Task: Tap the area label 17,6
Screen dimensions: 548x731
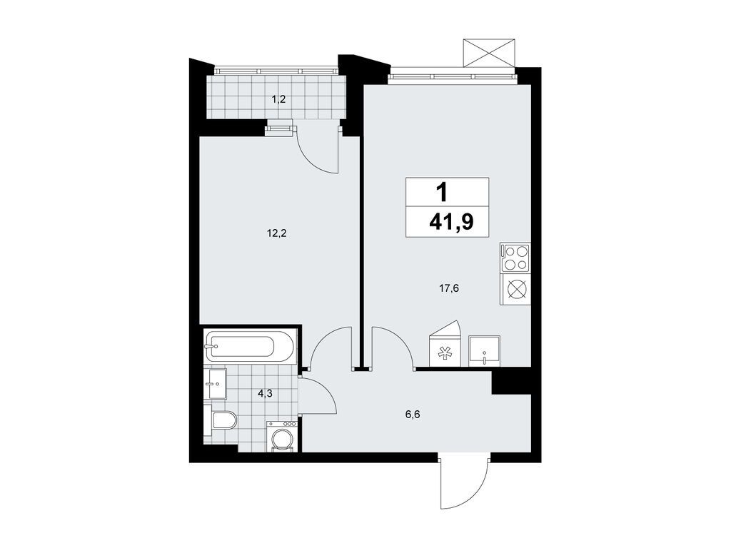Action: point(448,288)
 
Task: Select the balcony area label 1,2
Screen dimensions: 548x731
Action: point(278,99)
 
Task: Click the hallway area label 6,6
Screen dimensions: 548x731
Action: point(413,412)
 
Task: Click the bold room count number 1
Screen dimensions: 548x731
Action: point(443,191)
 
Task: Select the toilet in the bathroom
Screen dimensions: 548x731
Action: point(221,420)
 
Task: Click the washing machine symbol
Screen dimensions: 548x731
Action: point(283,437)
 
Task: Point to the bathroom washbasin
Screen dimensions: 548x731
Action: point(214,385)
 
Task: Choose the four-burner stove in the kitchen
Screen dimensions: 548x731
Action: point(515,258)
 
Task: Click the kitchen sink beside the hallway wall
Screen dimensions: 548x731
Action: point(485,350)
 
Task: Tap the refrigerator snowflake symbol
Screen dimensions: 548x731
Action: point(445,351)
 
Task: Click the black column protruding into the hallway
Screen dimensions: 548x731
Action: point(510,380)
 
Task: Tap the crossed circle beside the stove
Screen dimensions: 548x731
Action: point(515,290)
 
